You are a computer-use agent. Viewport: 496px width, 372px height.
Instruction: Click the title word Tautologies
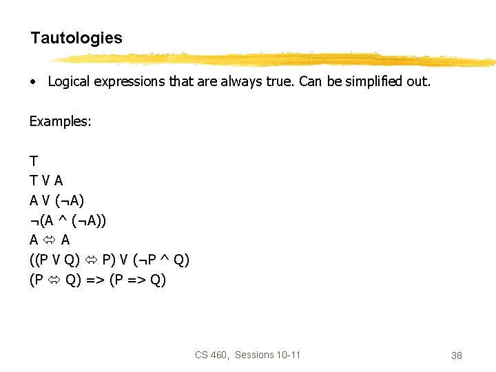pyautogui.click(x=76, y=38)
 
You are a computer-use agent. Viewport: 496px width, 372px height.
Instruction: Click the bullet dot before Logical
pyautogui.click(x=32, y=82)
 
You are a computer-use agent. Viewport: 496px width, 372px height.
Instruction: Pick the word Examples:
pyautogui.click(x=61, y=121)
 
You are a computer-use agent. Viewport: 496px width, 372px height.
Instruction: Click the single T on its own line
pyautogui.click(x=34, y=161)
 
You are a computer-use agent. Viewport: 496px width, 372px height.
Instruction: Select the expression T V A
pyautogui.click(x=46, y=180)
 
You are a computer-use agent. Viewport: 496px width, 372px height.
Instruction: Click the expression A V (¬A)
pyautogui.click(x=56, y=200)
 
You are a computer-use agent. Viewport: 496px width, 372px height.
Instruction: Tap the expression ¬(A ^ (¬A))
pyautogui.click(x=68, y=220)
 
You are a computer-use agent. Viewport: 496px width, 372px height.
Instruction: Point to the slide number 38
pyautogui.click(x=456, y=355)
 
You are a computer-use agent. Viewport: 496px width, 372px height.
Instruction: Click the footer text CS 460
pyautogui.click(x=211, y=355)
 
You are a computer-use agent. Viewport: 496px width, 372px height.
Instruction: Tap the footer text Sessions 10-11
pyautogui.click(x=267, y=355)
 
